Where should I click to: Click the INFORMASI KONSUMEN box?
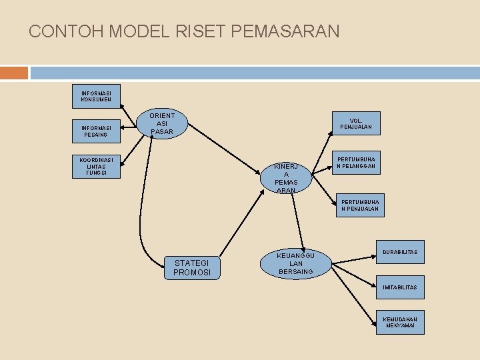tap(97, 96)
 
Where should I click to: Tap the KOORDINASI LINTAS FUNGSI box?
tap(97, 167)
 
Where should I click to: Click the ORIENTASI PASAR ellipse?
tap(162, 124)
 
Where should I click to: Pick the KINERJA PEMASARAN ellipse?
tap(286, 177)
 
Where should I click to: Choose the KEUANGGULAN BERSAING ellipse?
tap(296, 263)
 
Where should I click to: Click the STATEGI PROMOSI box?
tap(192, 267)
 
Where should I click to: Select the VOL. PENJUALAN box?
tap(356, 123)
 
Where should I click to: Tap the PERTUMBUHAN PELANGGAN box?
tap(356, 163)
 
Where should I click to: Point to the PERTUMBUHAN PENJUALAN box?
tap(360, 205)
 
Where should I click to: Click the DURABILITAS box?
tap(400, 252)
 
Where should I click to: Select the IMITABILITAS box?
tap(400, 287)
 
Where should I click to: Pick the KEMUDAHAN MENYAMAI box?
tap(400, 323)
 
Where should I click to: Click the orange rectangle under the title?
tap(14, 73)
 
